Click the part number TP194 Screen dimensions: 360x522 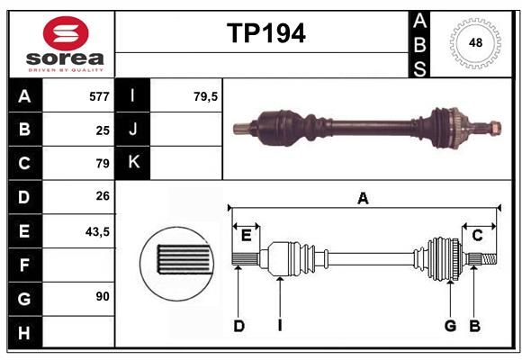coord(265,33)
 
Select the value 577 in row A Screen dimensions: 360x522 coord(99,96)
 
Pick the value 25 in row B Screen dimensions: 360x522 coord(103,130)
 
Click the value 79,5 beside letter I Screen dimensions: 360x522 coord(206,96)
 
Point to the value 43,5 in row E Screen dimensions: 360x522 coord(97,231)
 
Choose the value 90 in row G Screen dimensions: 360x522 coord(103,296)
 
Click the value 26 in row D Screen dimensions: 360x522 coord(103,197)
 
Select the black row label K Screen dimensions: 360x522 coord(134,163)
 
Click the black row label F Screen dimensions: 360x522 coord(24,265)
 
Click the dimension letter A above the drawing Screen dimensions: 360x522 coord(363,198)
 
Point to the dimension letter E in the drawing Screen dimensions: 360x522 coord(246,236)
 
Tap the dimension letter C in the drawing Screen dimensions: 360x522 coord(477,236)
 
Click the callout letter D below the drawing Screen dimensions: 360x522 coord(238,326)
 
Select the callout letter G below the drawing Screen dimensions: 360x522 coord(449,326)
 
